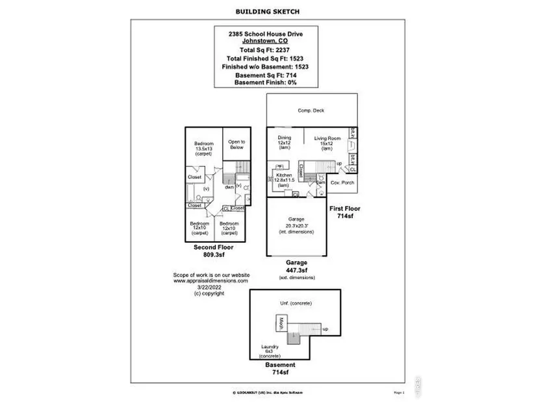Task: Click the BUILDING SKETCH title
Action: click(x=268, y=11)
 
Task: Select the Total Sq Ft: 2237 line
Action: click(x=267, y=49)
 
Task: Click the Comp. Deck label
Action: click(x=311, y=110)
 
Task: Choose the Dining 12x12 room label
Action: click(x=284, y=142)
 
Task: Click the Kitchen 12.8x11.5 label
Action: click(x=284, y=180)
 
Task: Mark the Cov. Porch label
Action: click(x=342, y=183)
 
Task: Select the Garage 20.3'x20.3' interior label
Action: click(x=296, y=225)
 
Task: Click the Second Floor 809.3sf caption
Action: click(x=214, y=252)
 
